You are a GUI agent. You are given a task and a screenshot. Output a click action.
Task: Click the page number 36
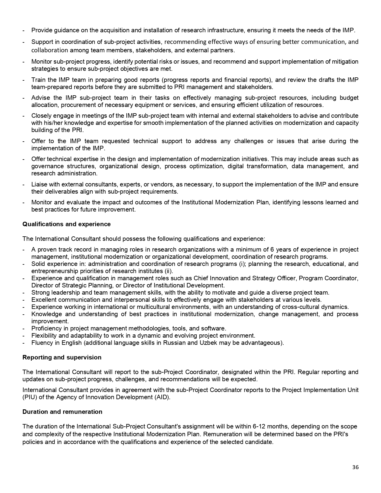[x=355, y=467]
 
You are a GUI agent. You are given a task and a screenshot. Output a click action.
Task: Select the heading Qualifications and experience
[x=66, y=224]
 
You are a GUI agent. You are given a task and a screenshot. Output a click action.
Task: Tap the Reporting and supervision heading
[x=62, y=357]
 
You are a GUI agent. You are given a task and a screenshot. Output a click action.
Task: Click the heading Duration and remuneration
[x=62, y=412]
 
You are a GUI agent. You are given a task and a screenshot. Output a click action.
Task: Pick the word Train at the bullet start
[x=38, y=80]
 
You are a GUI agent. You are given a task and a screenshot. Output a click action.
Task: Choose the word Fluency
[x=42, y=343]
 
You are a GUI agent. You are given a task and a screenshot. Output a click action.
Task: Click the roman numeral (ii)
[x=169, y=271]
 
